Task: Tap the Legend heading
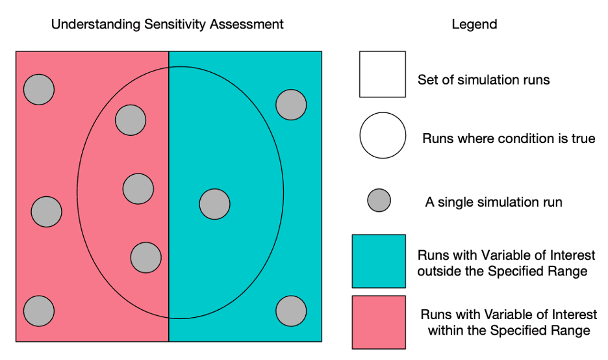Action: coord(474,25)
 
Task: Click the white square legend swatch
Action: coord(382,74)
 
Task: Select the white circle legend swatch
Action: coord(383,135)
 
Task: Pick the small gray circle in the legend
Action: coord(379,201)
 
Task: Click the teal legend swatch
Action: coord(379,261)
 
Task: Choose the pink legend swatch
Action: coord(379,322)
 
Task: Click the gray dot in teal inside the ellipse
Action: coord(214,204)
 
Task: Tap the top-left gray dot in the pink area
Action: coord(39,89)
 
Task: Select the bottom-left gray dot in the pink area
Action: coord(39,310)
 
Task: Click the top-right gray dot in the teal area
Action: coord(291,104)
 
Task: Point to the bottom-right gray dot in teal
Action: coord(291,311)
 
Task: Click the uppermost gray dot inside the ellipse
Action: coord(131,120)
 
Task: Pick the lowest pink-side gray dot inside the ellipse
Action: coord(146,257)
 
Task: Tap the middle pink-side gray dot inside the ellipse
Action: coord(138,188)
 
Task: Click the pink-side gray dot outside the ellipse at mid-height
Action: coord(46,211)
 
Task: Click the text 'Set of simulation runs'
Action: coord(483,81)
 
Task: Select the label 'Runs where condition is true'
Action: coord(508,138)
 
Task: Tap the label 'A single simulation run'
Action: coord(493,202)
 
